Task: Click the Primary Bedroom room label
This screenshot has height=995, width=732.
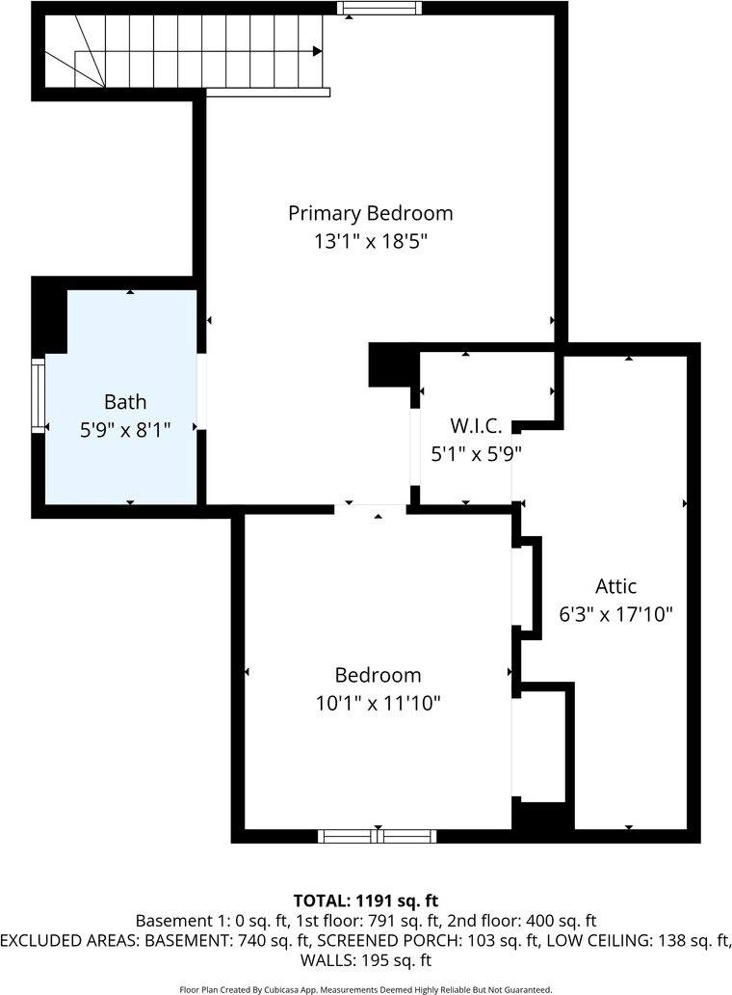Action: click(370, 213)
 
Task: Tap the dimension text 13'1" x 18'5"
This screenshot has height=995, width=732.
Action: click(370, 241)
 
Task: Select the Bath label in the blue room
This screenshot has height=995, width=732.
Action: click(125, 401)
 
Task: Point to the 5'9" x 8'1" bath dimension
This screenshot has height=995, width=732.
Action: click(125, 429)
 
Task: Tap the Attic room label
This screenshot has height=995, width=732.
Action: click(615, 585)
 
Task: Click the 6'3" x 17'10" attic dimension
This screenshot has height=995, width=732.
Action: click(615, 613)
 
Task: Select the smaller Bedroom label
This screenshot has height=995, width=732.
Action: click(378, 675)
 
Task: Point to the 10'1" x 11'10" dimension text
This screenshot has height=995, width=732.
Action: click(378, 703)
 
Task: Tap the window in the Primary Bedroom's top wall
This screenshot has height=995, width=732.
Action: click(379, 9)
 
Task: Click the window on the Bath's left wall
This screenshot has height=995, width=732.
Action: click(39, 394)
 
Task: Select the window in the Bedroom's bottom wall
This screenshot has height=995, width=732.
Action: click(378, 836)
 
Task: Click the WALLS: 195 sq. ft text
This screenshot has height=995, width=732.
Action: click(366, 960)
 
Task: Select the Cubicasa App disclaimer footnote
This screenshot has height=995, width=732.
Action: click(366, 989)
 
